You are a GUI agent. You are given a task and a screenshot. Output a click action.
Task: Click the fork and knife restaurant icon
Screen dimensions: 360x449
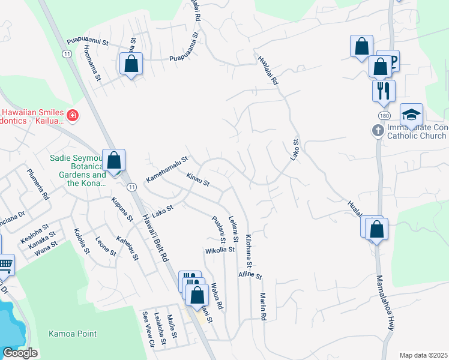click(x=383, y=91)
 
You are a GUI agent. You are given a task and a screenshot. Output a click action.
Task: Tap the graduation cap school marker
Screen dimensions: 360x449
click(x=412, y=114)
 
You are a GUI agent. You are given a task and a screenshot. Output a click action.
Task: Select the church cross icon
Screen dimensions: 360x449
click(x=378, y=130)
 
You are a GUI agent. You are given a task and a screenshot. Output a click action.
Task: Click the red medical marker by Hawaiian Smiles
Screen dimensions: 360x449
click(x=73, y=114)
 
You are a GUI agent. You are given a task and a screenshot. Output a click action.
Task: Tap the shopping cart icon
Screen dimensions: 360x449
click(x=5, y=263)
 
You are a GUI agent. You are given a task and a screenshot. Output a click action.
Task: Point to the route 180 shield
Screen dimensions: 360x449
click(x=384, y=115)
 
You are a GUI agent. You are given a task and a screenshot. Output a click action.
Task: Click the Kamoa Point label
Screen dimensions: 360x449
click(x=73, y=334)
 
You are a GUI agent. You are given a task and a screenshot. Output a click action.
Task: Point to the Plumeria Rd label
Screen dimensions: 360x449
click(x=38, y=184)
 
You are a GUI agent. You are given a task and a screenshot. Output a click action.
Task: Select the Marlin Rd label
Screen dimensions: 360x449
click(x=263, y=305)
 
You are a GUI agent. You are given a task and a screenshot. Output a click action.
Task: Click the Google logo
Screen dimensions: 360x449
click(x=20, y=353)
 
